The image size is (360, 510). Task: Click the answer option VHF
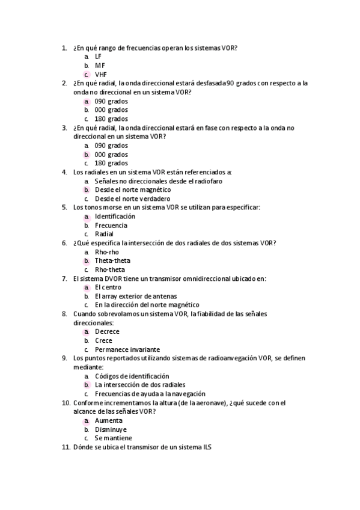(100, 75)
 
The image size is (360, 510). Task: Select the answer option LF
(98, 57)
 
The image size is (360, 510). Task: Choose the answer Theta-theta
(112, 261)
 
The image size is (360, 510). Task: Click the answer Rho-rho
(107, 252)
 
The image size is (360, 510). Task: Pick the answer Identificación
(115, 217)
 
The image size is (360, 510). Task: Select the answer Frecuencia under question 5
(111, 226)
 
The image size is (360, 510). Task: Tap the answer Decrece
(107, 331)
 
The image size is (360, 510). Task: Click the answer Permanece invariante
(127, 349)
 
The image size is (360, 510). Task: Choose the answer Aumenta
(108, 420)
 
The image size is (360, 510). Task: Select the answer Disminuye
(111, 429)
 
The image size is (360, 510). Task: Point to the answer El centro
(108, 287)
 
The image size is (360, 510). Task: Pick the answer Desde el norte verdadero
(132, 199)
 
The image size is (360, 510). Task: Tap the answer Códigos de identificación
(132, 376)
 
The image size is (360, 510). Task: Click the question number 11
(66, 447)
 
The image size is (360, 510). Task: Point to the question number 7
(64, 278)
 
